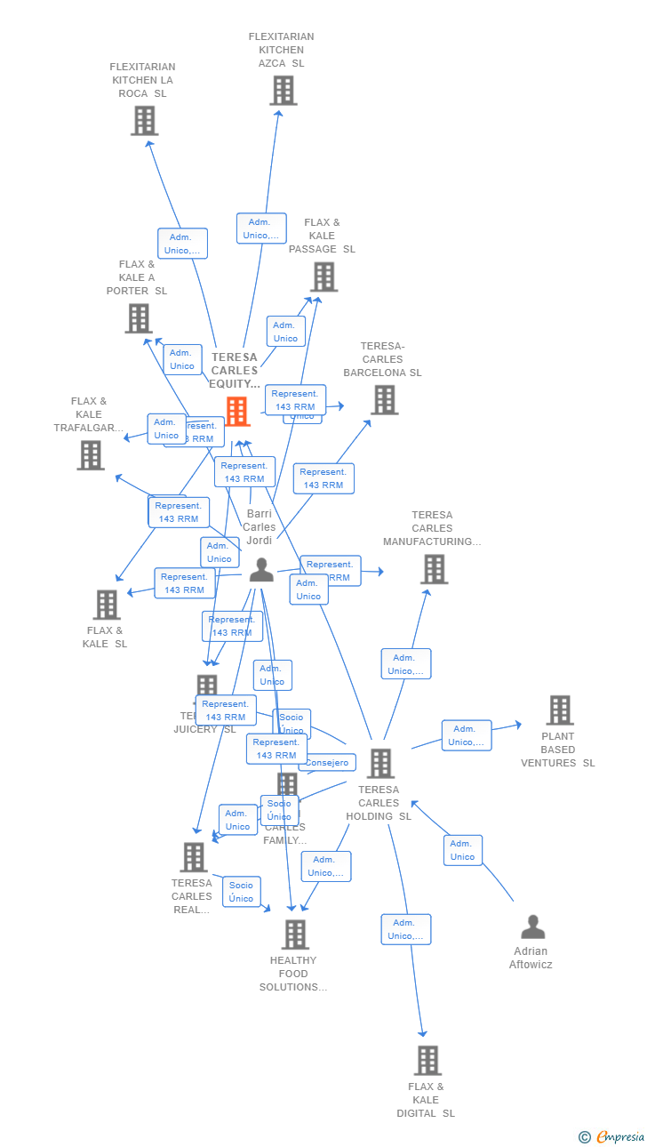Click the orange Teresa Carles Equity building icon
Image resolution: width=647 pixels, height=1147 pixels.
pos(237,412)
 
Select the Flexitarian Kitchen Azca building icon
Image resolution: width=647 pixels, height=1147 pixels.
pos(283,91)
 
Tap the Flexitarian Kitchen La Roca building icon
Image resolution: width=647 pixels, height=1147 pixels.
pos(144,120)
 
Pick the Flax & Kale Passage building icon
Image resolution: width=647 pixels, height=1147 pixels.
pos(323,277)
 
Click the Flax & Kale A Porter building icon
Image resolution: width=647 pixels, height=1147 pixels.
pos(139,318)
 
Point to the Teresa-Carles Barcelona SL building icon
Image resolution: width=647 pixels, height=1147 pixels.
pos(384,400)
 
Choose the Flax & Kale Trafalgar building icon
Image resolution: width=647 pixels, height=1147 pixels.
pos(91,455)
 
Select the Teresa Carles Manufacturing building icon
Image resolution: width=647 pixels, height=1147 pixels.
pos(434,569)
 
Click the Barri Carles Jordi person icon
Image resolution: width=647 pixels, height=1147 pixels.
pos(261,570)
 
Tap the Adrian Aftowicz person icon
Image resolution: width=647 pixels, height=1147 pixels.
pos(532,927)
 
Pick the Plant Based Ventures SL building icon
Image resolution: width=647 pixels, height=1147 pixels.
pos(559,710)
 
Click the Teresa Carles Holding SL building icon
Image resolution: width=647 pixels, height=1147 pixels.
pos(380,763)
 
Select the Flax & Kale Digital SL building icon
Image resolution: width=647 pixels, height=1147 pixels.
pos(427,1060)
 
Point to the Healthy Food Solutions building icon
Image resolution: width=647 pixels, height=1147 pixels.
pos(295,934)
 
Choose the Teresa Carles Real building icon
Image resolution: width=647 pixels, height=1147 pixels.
pos(194,857)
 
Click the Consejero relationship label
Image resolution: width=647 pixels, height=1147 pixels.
pos(328,763)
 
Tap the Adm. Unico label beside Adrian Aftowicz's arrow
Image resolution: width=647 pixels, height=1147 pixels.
pos(463,850)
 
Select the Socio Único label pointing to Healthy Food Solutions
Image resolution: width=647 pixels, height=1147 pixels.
pos(242,892)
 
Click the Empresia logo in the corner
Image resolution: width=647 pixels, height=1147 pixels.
pos(612,1136)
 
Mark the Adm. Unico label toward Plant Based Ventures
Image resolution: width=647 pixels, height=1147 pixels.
pos(466,735)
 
